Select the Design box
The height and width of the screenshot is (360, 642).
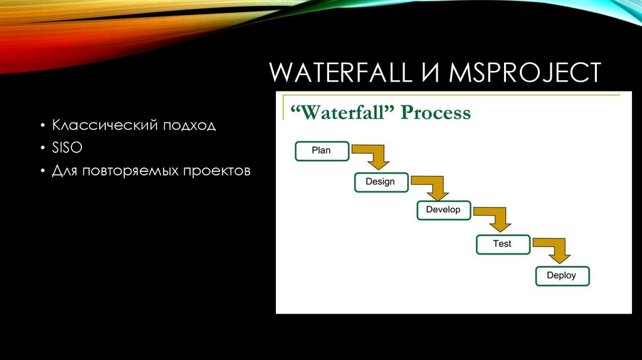point(380,182)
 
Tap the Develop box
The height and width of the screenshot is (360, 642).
point(443,210)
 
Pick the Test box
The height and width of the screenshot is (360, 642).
point(502,244)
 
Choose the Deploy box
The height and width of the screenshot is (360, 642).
point(561,275)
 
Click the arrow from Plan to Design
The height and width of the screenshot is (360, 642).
point(373,157)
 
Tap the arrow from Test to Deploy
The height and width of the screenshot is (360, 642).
point(555,249)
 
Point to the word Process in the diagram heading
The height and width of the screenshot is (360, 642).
point(436,113)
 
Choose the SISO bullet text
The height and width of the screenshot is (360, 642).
point(67,149)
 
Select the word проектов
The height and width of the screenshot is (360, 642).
point(217,171)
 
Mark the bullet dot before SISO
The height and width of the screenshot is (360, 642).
point(41,149)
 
